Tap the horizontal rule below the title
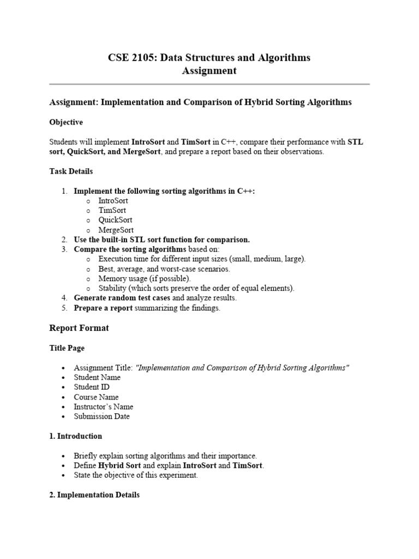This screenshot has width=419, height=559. tap(209, 84)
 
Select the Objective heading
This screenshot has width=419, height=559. tap(66, 122)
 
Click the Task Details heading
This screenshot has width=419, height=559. tap(71, 171)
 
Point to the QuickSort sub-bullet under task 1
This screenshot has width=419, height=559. tap(115, 220)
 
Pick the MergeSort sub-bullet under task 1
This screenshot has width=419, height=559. tap(116, 230)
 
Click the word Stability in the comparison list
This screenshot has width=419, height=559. tap(113, 288)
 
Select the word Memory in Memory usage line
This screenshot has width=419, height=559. tap(112, 278)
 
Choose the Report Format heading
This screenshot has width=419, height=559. tap(79, 328)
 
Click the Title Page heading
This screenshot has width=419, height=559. tap(67, 348)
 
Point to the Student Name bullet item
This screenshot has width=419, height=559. tap(97, 377)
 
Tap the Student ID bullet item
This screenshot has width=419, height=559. tap(92, 387)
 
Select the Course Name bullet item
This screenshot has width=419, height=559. tap(96, 397)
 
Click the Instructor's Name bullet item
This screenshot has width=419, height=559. tap(103, 407)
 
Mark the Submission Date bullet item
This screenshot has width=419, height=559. tap(101, 417)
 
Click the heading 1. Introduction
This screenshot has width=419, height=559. tap(75, 436)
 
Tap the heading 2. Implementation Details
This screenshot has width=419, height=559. tap(94, 495)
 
